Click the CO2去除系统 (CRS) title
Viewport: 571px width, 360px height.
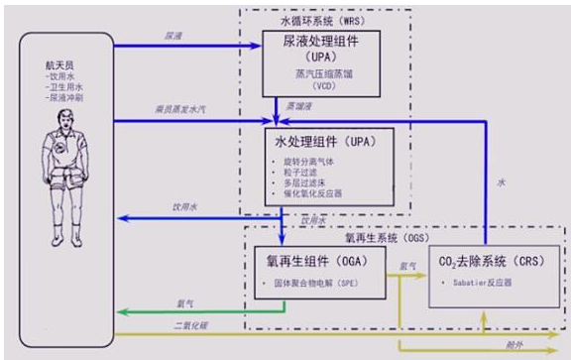tap(479, 262)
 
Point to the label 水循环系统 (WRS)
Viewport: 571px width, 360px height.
tap(310, 19)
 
